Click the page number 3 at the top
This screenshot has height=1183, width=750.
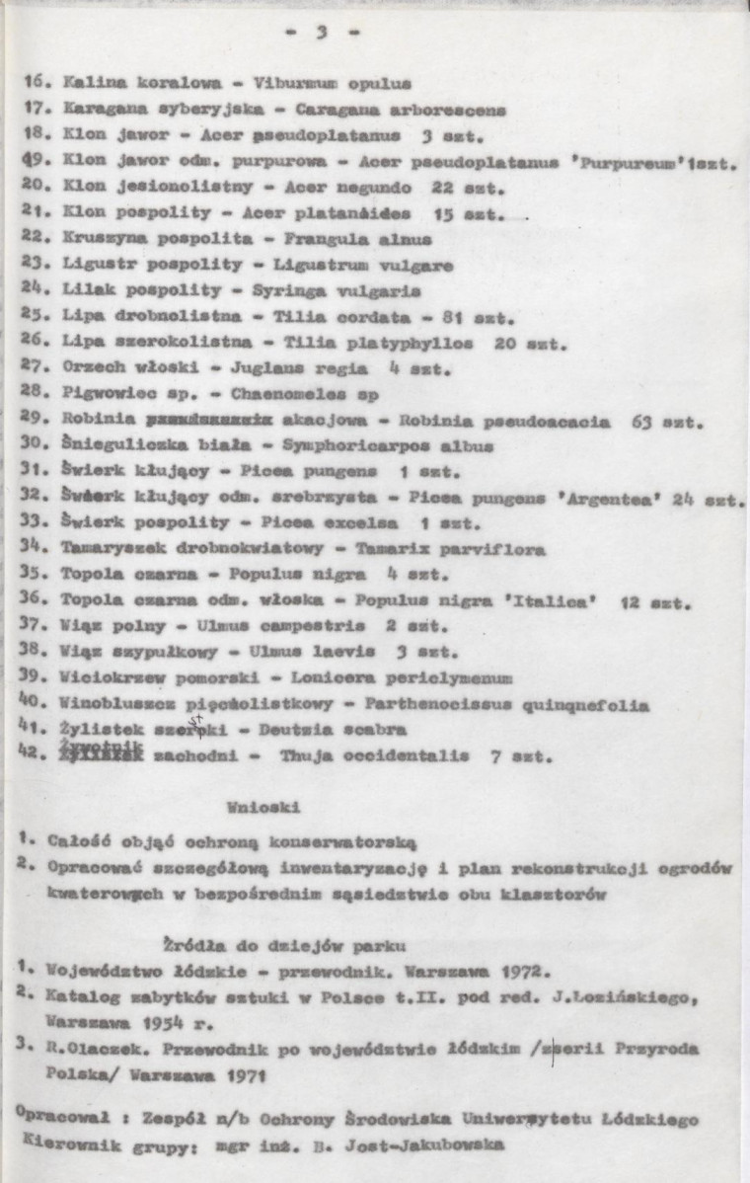point(321,32)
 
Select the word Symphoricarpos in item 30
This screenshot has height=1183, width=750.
point(318,447)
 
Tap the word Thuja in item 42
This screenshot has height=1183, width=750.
point(303,757)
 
